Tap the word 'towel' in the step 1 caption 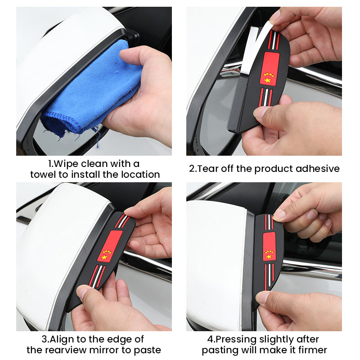[43, 175]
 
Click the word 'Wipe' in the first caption [66, 164]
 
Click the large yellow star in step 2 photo [267, 81]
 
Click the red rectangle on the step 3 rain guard [110, 246]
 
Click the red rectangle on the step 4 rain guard [269, 247]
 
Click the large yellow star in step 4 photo [269, 256]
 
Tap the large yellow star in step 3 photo [104, 257]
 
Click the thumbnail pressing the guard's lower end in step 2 [260, 112]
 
